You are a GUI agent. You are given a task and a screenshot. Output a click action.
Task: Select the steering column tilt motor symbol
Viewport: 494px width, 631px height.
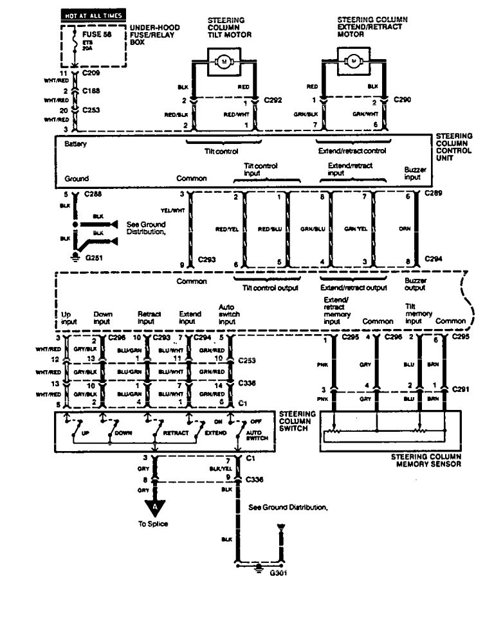[x=224, y=61]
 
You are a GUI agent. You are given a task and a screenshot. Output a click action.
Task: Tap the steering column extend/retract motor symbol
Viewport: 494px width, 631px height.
[x=352, y=61]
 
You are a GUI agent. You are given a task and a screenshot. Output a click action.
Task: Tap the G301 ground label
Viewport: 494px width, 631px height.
[x=279, y=573]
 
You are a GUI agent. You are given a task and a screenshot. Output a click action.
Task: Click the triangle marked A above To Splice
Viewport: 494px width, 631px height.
[x=154, y=507]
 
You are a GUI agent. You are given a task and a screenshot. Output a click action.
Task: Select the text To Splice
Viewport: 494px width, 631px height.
[x=154, y=524]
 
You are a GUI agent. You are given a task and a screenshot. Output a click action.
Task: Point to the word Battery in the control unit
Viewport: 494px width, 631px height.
[x=75, y=145]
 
